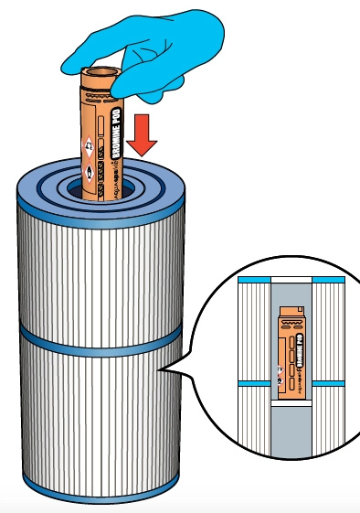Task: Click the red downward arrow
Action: coord(143,136)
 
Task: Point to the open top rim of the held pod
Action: coord(99,72)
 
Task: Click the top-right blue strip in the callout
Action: coord(329,278)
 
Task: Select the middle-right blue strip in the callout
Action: coord(332,384)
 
